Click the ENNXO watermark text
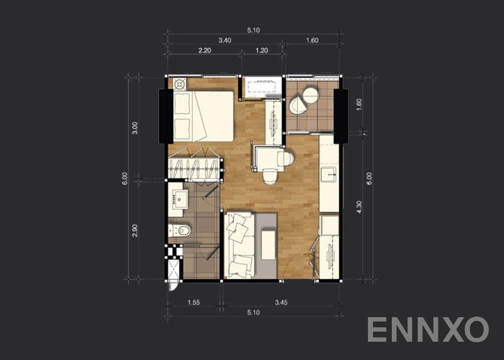[x=428, y=329]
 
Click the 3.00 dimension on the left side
[x=134, y=129]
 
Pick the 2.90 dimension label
[x=134, y=231]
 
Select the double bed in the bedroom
[x=203, y=116]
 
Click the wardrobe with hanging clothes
[x=195, y=165]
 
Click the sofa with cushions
[x=239, y=245]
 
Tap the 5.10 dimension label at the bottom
[x=253, y=312]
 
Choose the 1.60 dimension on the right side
[x=359, y=105]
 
